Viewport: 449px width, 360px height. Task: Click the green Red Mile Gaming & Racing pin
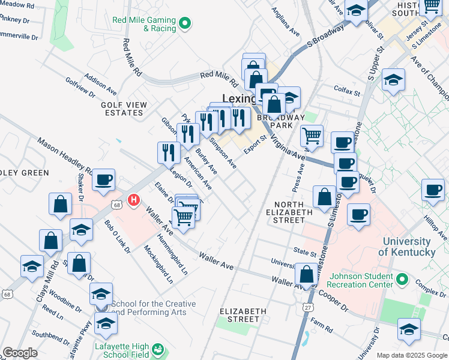pos(185,24)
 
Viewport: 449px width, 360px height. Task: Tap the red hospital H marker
pos(135,200)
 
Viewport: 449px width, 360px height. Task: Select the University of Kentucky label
pos(414,246)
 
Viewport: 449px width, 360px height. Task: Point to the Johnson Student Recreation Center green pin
pos(403,280)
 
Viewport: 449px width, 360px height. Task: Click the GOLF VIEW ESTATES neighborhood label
pos(124,109)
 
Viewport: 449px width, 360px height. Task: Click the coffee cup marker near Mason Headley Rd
pos(104,179)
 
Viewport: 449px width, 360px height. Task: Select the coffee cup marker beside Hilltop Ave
pos(433,190)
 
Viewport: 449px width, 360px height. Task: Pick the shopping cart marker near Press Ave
pos(312,136)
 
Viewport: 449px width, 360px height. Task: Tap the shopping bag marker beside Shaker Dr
pos(61,203)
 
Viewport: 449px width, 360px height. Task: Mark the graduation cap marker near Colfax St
pos(393,80)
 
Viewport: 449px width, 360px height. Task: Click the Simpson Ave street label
pos(223,155)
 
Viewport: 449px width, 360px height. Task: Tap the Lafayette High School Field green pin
pos(158,349)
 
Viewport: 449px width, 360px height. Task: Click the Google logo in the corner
pos(20,353)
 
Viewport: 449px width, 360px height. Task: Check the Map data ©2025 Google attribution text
pos(411,355)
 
